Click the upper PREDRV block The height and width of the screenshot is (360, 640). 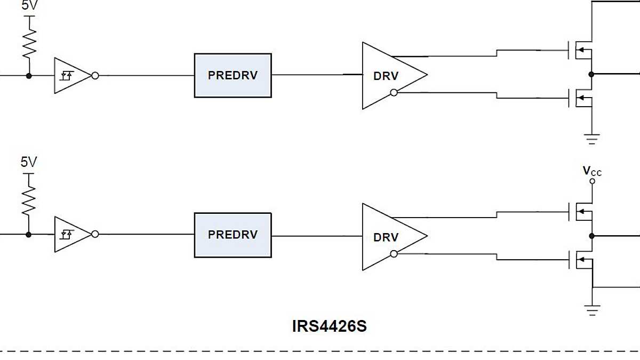pyautogui.click(x=233, y=75)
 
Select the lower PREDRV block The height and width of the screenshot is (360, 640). pyautogui.click(x=233, y=235)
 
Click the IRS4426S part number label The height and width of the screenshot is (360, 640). pyautogui.click(x=329, y=326)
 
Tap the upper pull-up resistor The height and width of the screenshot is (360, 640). pyautogui.click(x=29, y=42)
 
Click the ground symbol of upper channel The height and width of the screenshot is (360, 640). pyautogui.click(x=592, y=138)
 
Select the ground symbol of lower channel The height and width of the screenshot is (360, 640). pyautogui.click(x=592, y=310)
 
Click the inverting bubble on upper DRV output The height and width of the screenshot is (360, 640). pyautogui.click(x=394, y=93)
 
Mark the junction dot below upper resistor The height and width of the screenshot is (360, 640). pyautogui.click(x=29, y=76)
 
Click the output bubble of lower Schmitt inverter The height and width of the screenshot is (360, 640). pyautogui.click(x=95, y=234)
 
